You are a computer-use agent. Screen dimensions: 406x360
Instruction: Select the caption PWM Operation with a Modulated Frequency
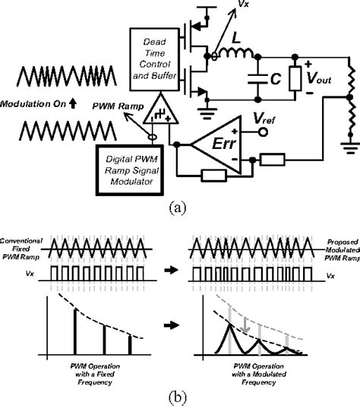point(257,374)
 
